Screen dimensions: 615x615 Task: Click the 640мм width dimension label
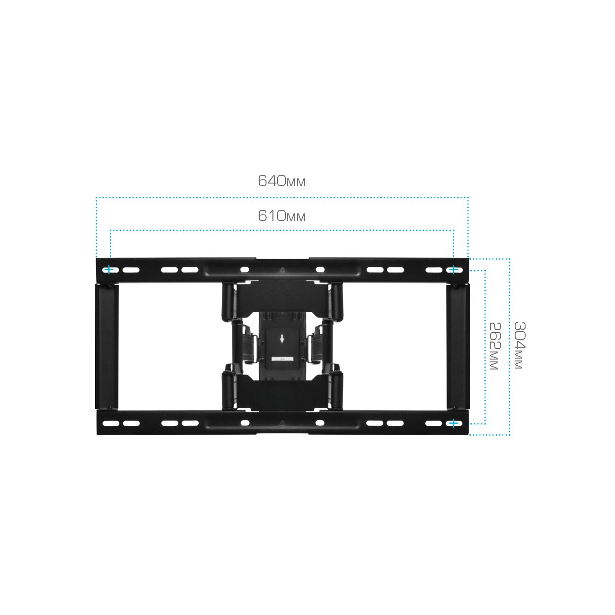pos(281,181)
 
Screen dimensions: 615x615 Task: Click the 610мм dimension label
pos(281,216)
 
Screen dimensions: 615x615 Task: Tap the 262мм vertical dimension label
pos(495,346)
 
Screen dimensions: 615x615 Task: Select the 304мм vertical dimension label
pos(519,345)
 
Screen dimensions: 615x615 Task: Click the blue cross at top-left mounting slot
pos(109,270)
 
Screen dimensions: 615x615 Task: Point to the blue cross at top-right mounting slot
pos(454,270)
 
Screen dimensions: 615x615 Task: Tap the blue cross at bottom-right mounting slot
pos(454,423)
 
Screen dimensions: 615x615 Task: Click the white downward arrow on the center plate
pos(282,339)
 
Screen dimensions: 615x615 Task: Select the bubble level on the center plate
pos(282,359)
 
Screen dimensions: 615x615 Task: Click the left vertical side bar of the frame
pos(107,347)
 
